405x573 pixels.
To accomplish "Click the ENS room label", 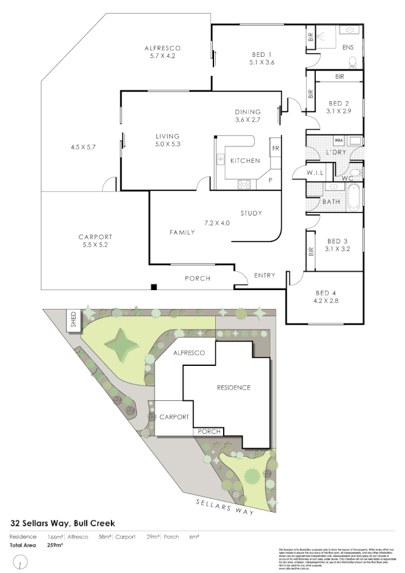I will click(x=347, y=47).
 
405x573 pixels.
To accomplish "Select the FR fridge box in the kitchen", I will click(x=275, y=148).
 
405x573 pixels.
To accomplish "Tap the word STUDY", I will click(x=250, y=213).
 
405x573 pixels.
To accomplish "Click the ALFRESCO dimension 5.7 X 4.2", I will click(x=162, y=56).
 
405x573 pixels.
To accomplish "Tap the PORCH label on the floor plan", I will click(x=198, y=279).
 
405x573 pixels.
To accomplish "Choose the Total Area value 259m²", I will click(x=55, y=545).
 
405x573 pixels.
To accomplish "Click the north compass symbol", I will click(x=21, y=562).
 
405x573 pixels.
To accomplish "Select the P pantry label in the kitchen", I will click(x=270, y=180).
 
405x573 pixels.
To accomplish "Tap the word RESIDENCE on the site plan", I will click(x=233, y=388).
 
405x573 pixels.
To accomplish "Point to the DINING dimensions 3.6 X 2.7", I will click(x=247, y=120).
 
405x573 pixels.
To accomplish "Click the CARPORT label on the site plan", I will click(x=174, y=417).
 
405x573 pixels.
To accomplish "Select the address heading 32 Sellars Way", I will click(x=62, y=522).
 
